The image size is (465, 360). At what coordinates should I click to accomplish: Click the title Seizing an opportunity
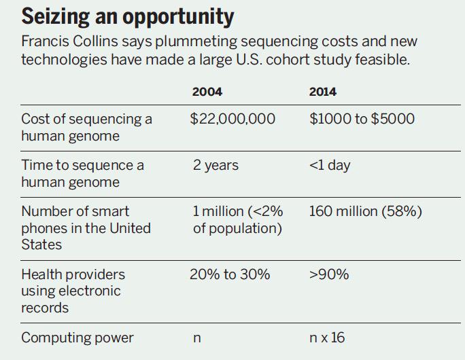click(x=128, y=16)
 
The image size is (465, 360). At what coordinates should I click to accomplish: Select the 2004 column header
click(x=207, y=92)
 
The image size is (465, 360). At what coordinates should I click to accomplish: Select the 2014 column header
click(x=322, y=92)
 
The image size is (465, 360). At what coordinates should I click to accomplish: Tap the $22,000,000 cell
click(x=232, y=119)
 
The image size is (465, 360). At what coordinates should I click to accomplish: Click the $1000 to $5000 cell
click(x=362, y=119)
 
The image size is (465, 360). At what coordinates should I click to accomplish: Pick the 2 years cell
click(x=216, y=165)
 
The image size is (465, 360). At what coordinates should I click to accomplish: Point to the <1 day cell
click(x=331, y=165)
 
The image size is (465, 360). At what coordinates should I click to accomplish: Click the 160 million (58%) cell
click(x=365, y=211)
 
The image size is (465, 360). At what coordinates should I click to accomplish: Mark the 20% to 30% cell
click(x=231, y=274)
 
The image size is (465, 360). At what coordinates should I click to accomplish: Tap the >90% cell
click(x=329, y=274)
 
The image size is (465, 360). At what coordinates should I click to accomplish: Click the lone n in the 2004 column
click(x=196, y=338)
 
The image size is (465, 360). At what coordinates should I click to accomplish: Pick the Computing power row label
click(x=77, y=338)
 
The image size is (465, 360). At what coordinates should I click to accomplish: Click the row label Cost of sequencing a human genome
click(x=86, y=127)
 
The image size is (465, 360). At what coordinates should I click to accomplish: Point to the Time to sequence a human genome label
click(x=82, y=173)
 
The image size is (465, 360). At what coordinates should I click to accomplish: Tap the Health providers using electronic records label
click(x=73, y=291)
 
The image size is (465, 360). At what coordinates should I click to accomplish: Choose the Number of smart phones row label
click(x=86, y=228)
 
